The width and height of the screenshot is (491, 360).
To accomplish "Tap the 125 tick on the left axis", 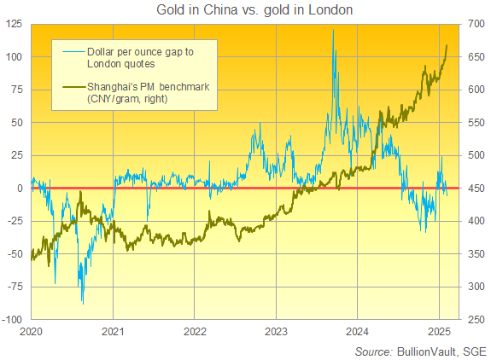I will point(16,24).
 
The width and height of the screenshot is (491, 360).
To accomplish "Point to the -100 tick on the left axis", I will point(14,319).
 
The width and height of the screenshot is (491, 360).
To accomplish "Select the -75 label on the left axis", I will point(16,287).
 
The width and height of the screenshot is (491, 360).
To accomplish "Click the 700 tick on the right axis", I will point(476,24).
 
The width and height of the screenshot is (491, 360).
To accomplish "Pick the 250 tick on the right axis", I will point(476,319).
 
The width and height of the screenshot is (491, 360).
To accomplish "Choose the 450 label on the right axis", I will point(476,188).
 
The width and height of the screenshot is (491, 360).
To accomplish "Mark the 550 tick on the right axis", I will point(476,122).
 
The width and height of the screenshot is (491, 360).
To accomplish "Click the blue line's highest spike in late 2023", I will point(333,31).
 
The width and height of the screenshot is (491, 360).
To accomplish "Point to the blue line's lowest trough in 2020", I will point(82,302).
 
